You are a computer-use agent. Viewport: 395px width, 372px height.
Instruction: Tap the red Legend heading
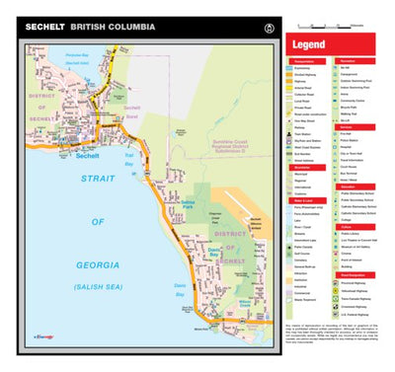(x=309, y=44)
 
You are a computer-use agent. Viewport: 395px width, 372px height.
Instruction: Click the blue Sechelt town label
(x=87, y=155)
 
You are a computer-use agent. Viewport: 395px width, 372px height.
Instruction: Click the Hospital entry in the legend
(x=353, y=147)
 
